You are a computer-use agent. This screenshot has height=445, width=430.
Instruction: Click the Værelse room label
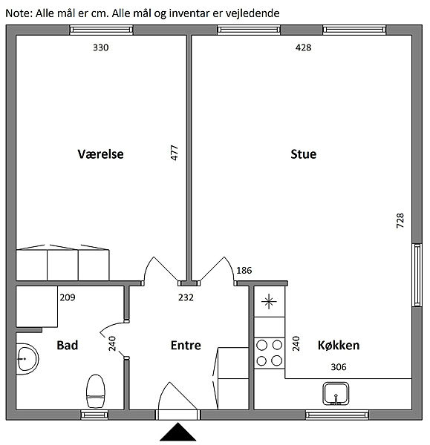click(100, 154)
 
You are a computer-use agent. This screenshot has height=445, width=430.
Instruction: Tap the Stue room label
click(303, 154)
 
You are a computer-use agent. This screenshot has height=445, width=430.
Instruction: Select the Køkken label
click(339, 345)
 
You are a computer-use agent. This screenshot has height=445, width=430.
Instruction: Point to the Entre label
click(186, 345)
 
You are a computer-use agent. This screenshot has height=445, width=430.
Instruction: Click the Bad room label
click(68, 345)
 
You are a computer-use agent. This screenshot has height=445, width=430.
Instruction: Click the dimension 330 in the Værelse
click(100, 47)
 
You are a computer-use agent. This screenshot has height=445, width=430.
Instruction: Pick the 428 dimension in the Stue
click(303, 47)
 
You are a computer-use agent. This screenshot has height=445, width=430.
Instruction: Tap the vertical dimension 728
click(400, 220)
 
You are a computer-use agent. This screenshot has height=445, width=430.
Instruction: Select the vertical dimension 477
click(175, 153)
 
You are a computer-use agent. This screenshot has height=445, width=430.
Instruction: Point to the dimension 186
click(244, 271)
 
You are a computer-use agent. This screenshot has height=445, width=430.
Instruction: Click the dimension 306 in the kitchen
click(339, 367)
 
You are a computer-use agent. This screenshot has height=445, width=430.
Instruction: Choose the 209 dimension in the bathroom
click(68, 297)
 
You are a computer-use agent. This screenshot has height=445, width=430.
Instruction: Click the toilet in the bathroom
click(96, 391)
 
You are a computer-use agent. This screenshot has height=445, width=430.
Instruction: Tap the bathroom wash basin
click(27, 359)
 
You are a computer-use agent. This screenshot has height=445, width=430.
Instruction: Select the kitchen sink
click(336, 394)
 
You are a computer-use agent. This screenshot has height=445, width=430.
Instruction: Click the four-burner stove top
click(269, 353)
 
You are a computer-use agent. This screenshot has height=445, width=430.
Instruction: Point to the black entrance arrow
click(178, 432)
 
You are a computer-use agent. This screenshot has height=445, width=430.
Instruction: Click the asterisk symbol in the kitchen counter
click(269, 301)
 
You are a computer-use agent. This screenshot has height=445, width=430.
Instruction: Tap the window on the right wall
click(417, 275)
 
